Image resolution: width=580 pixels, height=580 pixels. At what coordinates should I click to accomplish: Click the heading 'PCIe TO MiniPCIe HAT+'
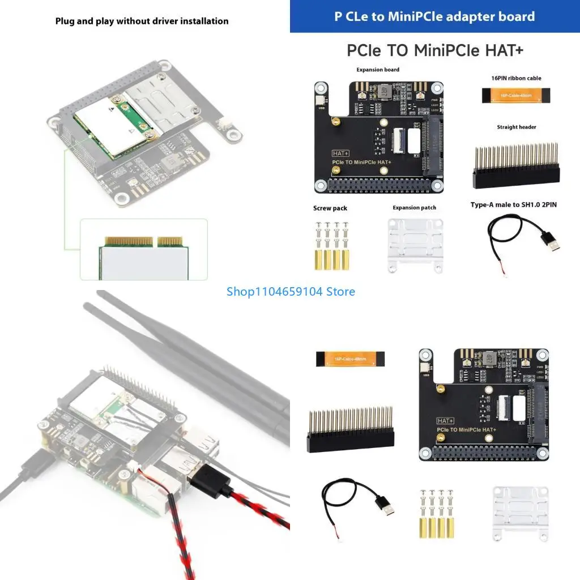pos(435,50)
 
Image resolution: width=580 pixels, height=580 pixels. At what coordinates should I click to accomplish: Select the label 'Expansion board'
pos(377,70)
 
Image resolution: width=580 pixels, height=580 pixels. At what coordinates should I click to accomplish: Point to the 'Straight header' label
pos(516,127)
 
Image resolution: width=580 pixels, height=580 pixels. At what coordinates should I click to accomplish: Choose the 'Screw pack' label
pos(330,208)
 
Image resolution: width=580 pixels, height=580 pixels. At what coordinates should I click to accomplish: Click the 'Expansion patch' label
pos(414,208)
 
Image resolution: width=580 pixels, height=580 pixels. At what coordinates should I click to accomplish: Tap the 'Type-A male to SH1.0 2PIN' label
pos(513,204)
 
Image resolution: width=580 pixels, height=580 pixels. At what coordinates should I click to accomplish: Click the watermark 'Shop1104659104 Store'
pos(291,292)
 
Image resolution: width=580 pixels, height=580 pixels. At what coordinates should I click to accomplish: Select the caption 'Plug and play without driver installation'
pos(142,21)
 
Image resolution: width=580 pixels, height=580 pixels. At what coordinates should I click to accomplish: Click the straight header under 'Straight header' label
pos(515,168)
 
